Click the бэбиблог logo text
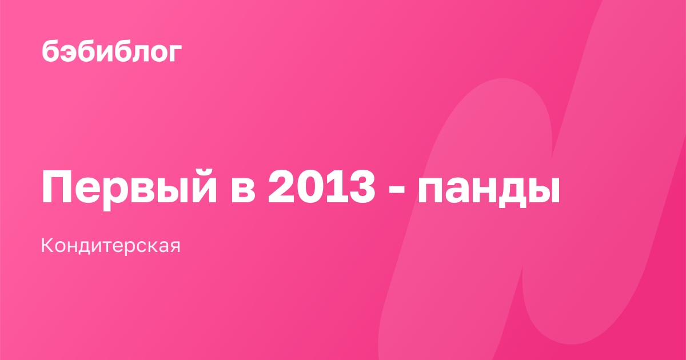(111, 51)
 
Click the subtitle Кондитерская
(110, 246)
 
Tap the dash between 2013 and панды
(396, 191)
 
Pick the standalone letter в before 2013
(243, 190)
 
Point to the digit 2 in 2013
(281, 186)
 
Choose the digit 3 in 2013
(361, 187)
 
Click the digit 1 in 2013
(334, 186)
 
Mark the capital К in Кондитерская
(48, 245)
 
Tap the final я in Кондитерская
(174, 247)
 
